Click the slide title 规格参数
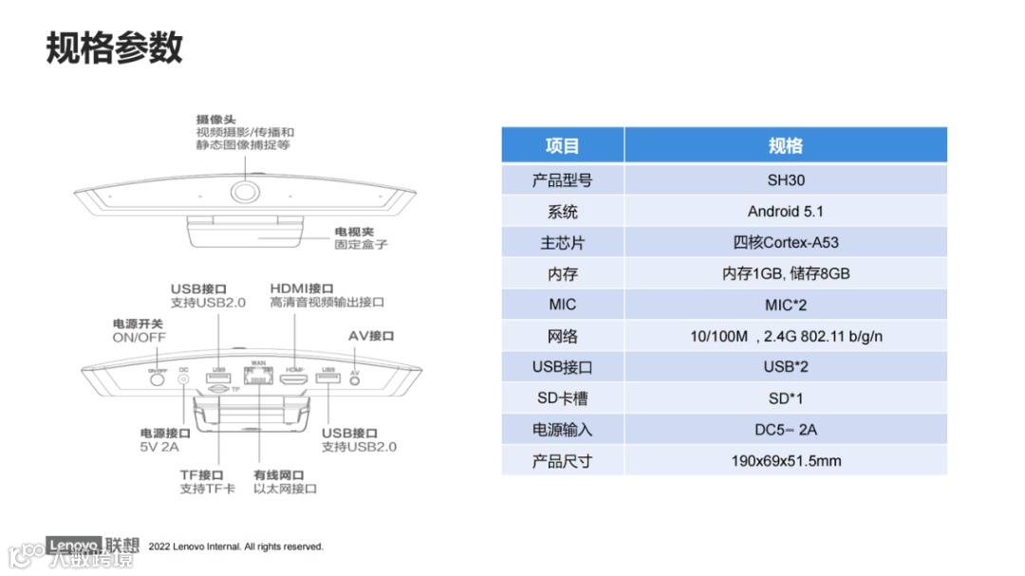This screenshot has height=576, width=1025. coord(114,47)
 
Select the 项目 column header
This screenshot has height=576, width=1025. coord(563,145)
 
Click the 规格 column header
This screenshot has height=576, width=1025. coord(785,145)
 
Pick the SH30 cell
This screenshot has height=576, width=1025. coord(785,179)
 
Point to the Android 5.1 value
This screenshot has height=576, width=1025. coord(785,211)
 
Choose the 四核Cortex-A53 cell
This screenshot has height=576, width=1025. coord(785,242)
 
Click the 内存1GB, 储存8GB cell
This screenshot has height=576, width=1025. coord(785,273)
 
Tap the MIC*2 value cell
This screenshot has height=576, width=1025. coord(785,305)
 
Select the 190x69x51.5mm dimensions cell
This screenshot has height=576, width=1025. coord(785,461)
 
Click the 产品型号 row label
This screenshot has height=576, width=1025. coord(563,179)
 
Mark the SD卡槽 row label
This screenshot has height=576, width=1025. coord(563,399)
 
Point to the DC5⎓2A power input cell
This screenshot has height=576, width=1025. coord(785,430)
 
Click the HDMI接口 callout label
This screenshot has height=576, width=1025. coord(302,288)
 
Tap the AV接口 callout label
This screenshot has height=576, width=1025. coord(371,336)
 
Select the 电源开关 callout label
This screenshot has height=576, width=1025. coord(138,325)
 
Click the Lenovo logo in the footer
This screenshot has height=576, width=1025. coord(74,546)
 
